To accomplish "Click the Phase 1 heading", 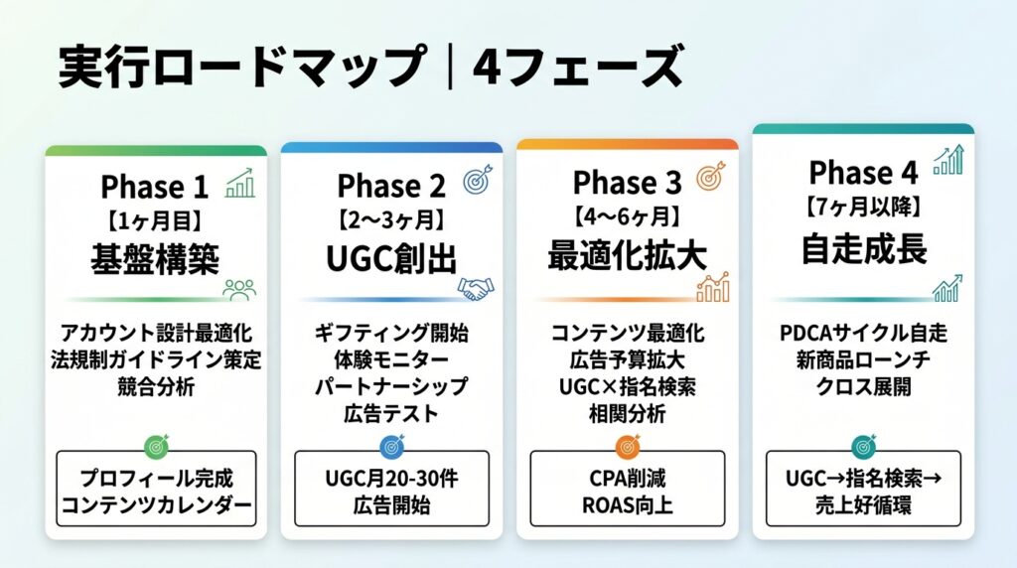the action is tap(154, 188).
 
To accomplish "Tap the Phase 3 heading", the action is tap(628, 182).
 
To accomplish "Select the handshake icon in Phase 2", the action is tap(476, 288).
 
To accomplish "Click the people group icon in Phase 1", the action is tap(239, 290).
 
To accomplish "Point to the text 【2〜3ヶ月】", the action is tap(391, 220).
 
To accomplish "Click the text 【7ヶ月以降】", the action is tap(863, 208).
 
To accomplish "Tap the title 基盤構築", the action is tap(155, 259).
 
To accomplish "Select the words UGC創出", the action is tap(391, 258).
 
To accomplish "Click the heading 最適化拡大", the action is tap(628, 255).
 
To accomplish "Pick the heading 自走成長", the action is tap(864, 249).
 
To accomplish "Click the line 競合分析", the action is tap(156, 387).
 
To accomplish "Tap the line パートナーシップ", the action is tap(391, 386).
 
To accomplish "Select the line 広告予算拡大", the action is tap(628, 359).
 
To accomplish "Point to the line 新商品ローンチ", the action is tap(863, 359).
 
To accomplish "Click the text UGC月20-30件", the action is tap(391, 480).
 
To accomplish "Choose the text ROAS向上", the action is tap(628, 505).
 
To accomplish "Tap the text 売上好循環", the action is tap(863, 505).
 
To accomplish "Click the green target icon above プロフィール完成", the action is tap(156, 446).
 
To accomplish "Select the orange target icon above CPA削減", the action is tap(628, 446).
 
